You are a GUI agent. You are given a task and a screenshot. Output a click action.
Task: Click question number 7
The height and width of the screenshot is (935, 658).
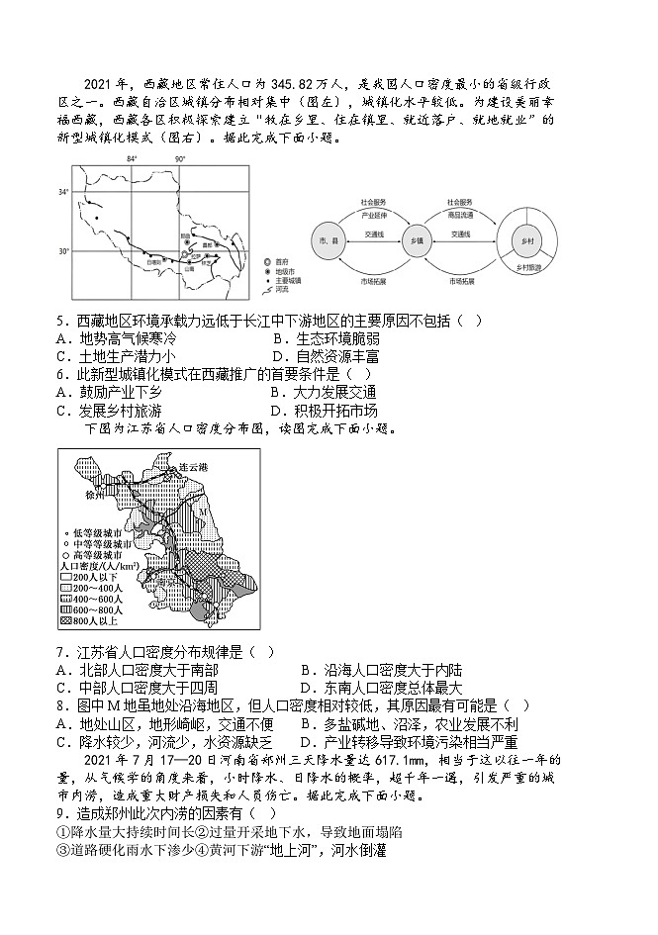click(62, 652)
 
